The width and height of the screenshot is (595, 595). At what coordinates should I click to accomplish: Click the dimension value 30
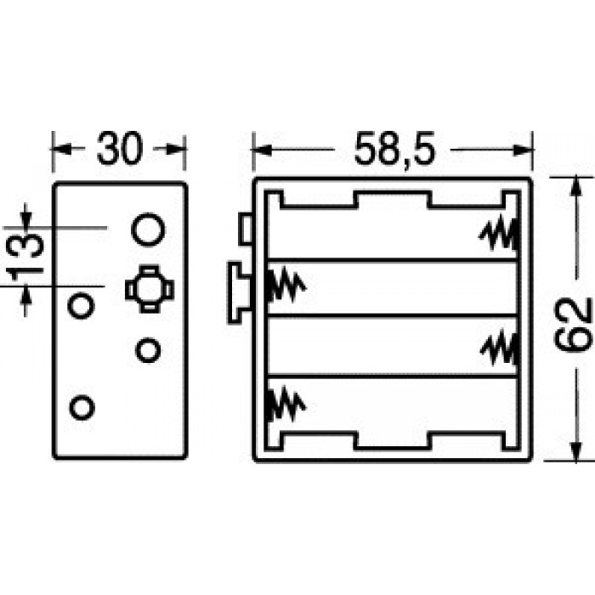[x=120, y=149]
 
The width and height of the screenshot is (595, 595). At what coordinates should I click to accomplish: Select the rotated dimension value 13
[x=25, y=257]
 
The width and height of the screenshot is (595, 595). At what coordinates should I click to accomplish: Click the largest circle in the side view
[x=148, y=229]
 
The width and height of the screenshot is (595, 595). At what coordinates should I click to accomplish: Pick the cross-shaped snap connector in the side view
[x=149, y=289]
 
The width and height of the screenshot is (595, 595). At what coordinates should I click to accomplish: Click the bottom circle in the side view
[x=82, y=407]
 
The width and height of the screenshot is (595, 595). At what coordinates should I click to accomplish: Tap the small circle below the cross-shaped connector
[x=148, y=350]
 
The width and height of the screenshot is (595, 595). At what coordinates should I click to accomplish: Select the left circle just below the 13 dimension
[x=81, y=304]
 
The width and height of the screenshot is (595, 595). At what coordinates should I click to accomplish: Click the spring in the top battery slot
[x=499, y=232]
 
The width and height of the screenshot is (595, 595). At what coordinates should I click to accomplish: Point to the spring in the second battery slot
[x=286, y=286]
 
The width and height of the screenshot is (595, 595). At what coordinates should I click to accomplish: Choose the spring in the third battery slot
[x=500, y=348]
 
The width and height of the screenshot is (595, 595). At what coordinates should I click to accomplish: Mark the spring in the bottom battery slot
[x=286, y=404]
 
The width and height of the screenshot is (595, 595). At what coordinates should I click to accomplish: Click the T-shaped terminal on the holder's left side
[x=240, y=293]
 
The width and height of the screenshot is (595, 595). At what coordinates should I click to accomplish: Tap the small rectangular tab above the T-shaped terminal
[x=246, y=229]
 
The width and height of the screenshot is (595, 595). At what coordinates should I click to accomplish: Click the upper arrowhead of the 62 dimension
[x=576, y=186]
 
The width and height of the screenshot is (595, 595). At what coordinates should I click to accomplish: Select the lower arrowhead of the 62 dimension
[x=576, y=451]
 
